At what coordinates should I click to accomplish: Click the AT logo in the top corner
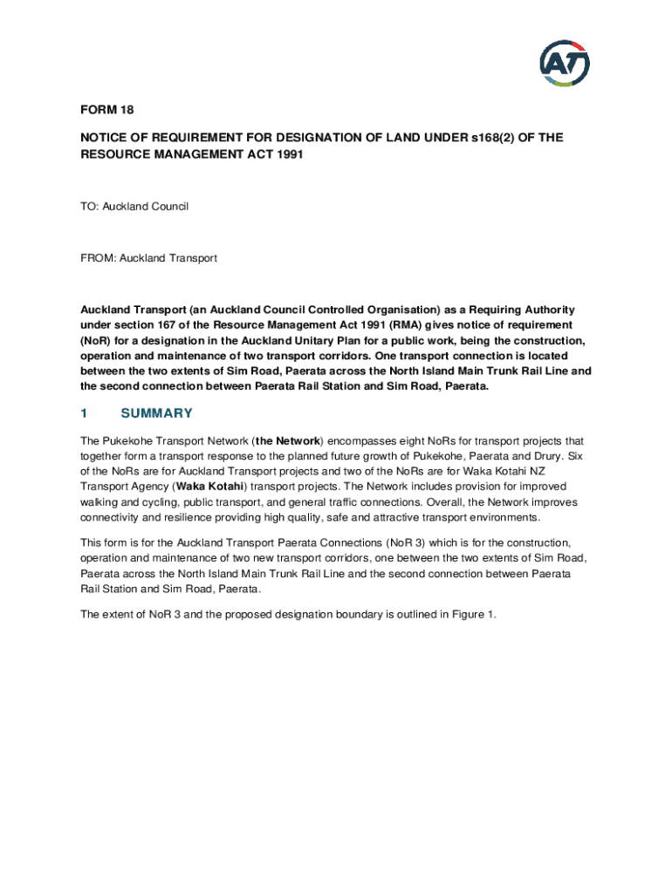[564, 64]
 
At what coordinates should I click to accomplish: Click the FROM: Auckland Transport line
[148, 258]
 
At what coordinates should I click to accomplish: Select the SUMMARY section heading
[156, 413]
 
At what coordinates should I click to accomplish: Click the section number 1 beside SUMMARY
[84, 413]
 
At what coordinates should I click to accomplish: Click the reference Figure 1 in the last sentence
[472, 614]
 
